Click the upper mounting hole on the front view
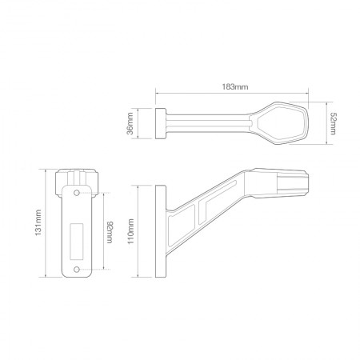tap(77, 194)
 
